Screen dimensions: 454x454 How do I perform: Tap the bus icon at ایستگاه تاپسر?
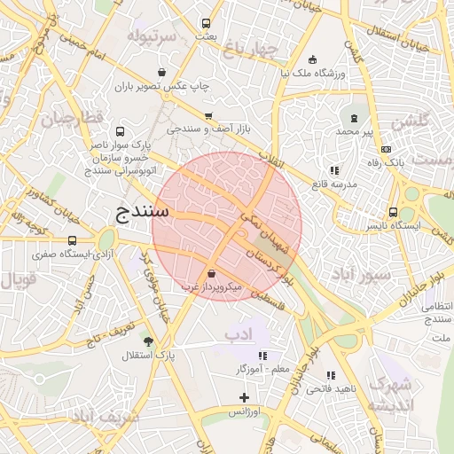(393, 212)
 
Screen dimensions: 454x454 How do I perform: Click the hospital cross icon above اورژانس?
(244, 397)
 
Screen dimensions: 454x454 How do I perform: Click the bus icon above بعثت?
(206, 24)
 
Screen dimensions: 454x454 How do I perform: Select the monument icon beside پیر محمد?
(355, 118)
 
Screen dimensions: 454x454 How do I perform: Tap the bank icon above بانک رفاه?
(385, 150)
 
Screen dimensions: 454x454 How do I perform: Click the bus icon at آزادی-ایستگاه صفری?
(72, 240)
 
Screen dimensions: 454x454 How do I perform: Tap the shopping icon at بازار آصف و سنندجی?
(208, 116)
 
